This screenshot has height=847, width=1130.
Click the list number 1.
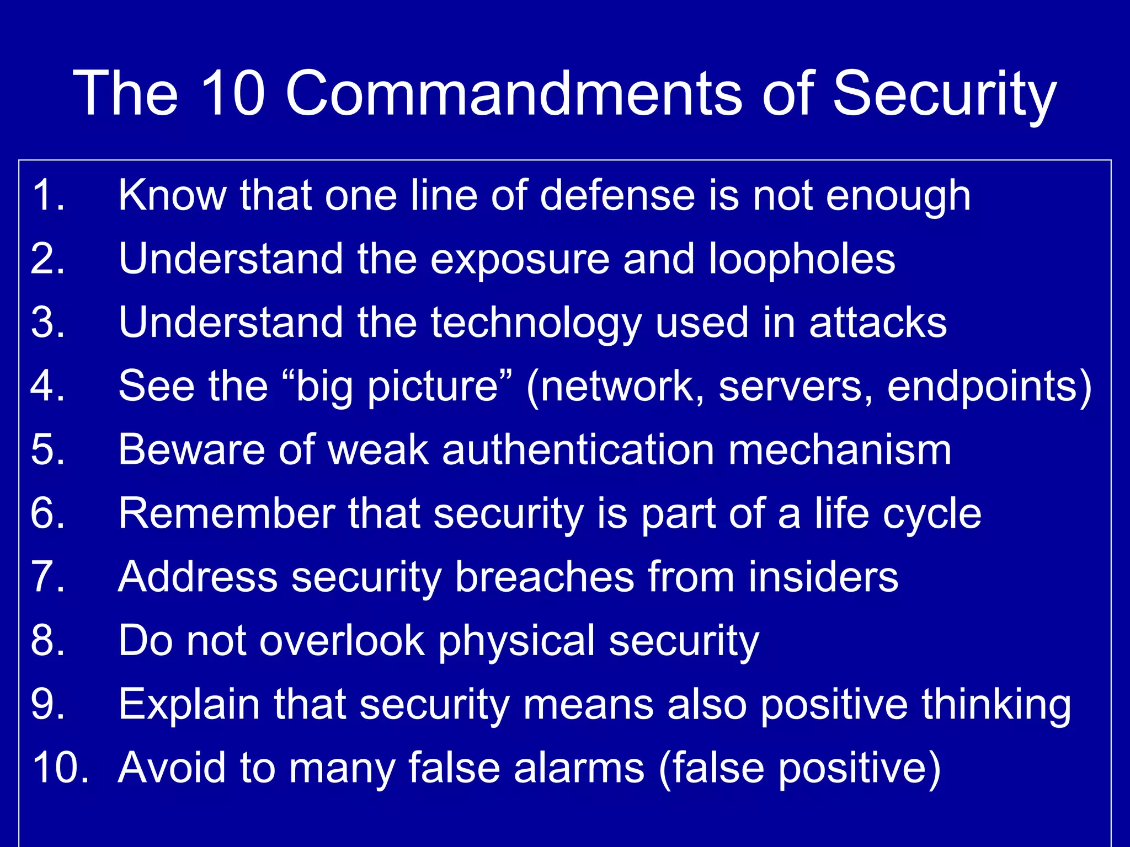(47, 195)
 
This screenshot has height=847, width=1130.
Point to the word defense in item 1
(617, 195)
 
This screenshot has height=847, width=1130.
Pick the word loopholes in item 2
(801, 259)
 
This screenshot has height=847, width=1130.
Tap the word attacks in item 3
(877, 323)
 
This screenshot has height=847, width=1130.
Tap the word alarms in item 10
(579, 768)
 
